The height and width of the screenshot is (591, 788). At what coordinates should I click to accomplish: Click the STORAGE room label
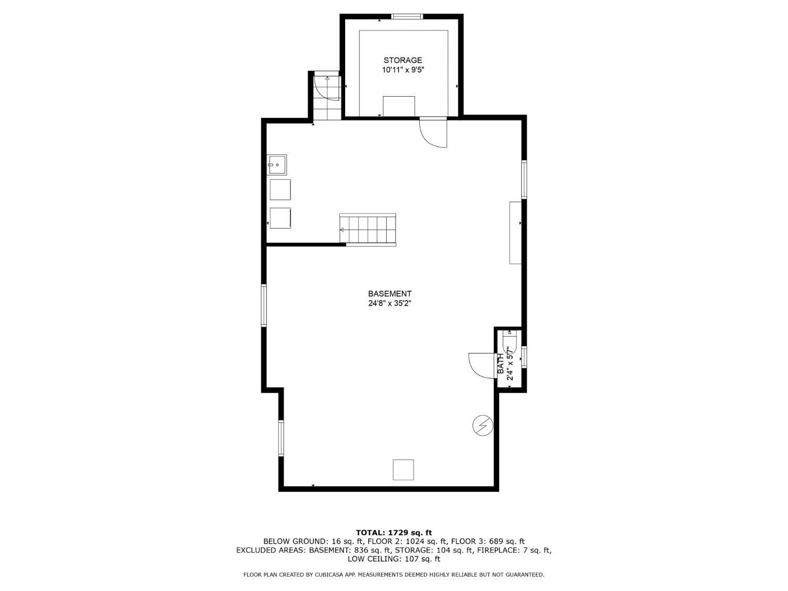coord(402,60)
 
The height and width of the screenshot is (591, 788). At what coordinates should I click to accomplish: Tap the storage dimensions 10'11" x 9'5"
coord(402,70)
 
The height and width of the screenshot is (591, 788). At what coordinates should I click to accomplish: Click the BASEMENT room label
coord(389,294)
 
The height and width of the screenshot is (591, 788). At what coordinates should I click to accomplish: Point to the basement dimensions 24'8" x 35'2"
coord(389,304)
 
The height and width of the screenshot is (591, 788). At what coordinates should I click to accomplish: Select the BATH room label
coord(501,364)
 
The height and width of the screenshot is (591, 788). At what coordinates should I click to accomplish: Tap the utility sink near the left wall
coord(277,164)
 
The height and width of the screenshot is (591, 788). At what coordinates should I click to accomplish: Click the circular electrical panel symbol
coord(483,425)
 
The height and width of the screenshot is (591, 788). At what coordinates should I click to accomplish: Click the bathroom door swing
coord(481,364)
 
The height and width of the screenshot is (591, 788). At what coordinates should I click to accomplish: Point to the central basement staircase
coord(368,230)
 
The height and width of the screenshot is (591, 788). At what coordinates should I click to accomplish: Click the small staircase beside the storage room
coord(327,98)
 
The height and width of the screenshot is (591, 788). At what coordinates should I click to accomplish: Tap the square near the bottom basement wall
coord(403,470)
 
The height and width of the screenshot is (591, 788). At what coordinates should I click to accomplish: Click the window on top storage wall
coord(407,17)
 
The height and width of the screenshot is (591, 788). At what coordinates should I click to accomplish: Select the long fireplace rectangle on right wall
coord(515,232)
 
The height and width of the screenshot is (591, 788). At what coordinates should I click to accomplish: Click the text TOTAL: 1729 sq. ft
coord(393,533)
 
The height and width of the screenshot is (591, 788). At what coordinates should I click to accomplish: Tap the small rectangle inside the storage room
coord(399,106)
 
